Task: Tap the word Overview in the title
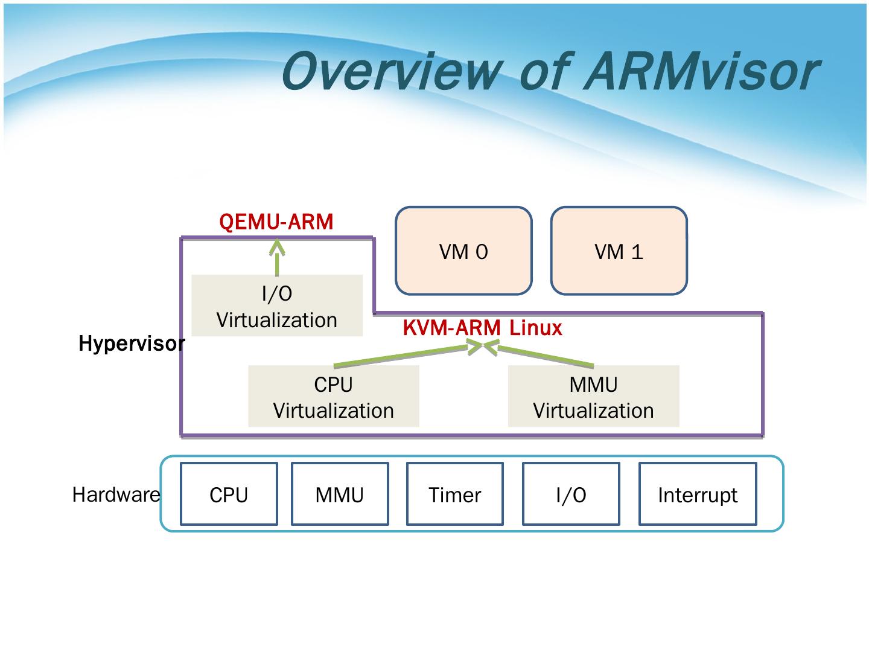pos(392,72)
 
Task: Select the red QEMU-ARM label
pos(276,222)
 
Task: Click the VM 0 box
pos(463,251)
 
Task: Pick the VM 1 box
pos(619,251)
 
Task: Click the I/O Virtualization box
pos(277,305)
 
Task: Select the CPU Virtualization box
pos(333,396)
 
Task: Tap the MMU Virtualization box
pos(593,396)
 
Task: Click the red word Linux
pos(536,328)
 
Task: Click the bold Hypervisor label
pos(132,344)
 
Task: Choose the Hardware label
pos(116,494)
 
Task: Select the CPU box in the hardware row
pos(229,494)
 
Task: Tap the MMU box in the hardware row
pos(340,494)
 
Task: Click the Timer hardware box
pos(455,494)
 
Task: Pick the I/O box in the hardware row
pos(571,494)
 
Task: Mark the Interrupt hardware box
pos(698,494)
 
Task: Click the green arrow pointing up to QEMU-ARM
pos(277,257)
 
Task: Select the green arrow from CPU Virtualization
pos(408,355)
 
